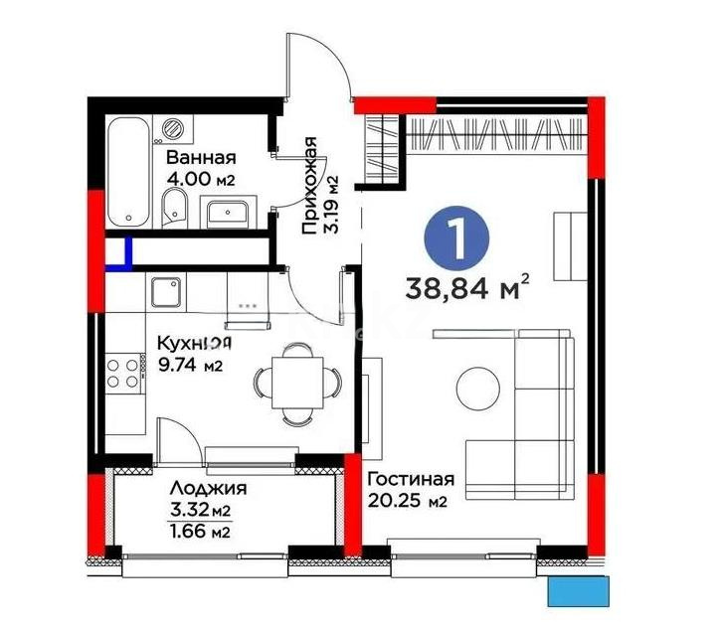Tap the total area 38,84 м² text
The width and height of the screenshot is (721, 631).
point(466,289)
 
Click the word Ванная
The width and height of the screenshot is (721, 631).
point(200,157)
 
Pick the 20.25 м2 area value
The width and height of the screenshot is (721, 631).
point(407,502)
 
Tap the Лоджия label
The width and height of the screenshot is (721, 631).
point(208,488)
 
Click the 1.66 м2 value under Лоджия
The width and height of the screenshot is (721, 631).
point(202,531)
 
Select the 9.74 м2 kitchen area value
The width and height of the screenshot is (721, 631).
point(190,365)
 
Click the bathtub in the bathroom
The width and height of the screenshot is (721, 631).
point(126,172)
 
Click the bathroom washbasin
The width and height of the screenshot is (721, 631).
point(230,211)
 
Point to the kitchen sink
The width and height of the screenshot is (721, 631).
point(164,292)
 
